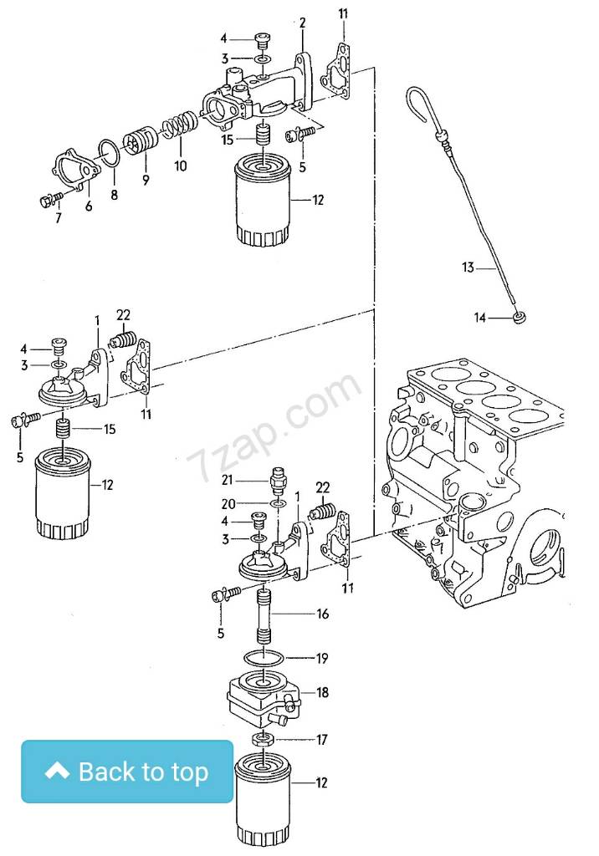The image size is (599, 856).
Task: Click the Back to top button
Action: [127, 772]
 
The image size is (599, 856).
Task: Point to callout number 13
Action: [468, 267]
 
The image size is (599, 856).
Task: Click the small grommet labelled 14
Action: [520, 317]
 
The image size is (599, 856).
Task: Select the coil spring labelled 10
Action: [178, 127]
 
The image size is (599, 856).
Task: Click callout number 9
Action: [145, 179]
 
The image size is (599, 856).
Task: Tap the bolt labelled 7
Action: [48, 200]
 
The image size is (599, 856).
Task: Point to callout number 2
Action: [302, 22]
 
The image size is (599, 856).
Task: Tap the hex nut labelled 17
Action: [262, 740]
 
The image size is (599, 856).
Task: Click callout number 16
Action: [321, 614]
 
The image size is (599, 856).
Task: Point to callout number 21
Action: [226, 480]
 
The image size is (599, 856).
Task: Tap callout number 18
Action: [322, 693]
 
